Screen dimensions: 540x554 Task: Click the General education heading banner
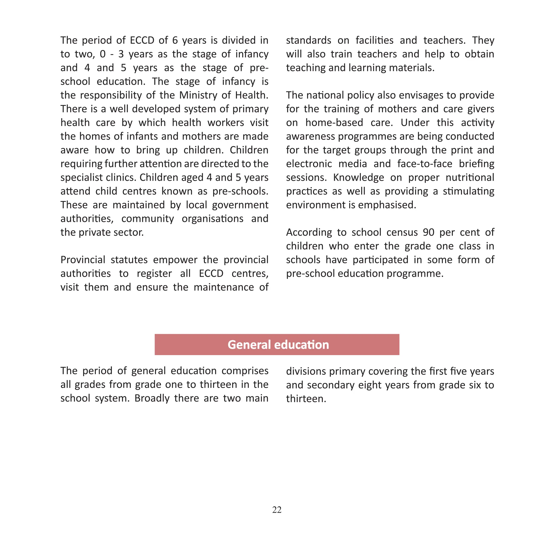click(x=277, y=345)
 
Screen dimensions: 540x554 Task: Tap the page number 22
click(x=277, y=510)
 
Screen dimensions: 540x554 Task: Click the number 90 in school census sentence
click(x=428, y=232)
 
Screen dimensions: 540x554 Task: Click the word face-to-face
click(x=425, y=164)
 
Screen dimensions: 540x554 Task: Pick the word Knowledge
click(x=358, y=178)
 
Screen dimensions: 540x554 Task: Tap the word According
click(x=309, y=232)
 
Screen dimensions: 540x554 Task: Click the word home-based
click(x=334, y=122)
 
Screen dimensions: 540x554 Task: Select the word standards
click(x=308, y=40)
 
